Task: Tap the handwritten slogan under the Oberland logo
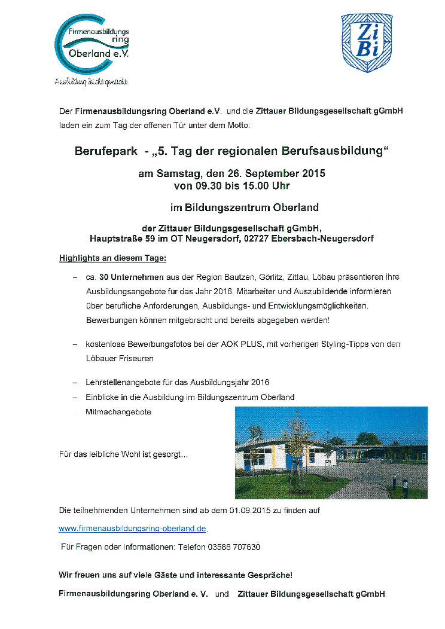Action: [92, 81]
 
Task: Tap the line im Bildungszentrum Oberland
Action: [244, 208]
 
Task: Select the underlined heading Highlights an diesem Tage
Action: [112, 258]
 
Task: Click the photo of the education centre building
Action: [331, 452]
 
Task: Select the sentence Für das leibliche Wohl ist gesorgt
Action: [123, 454]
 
